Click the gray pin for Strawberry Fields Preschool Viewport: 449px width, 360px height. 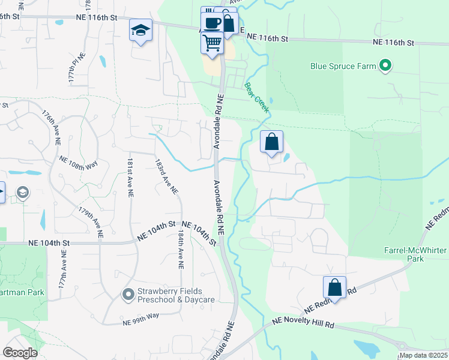point(127,294)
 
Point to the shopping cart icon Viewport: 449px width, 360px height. point(212,42)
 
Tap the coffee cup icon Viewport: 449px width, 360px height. point(211,23)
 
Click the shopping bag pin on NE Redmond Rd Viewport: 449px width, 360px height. point(335,287)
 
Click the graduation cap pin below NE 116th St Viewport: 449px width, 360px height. point(140,30)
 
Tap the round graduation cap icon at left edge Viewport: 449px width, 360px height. point(23,192)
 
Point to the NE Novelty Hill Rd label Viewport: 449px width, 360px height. point(303,323)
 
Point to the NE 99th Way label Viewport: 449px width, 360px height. point(139,316)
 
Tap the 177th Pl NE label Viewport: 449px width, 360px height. point(76,67)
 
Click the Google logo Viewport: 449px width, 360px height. point(20,353)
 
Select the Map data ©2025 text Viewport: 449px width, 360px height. point(423,355)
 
